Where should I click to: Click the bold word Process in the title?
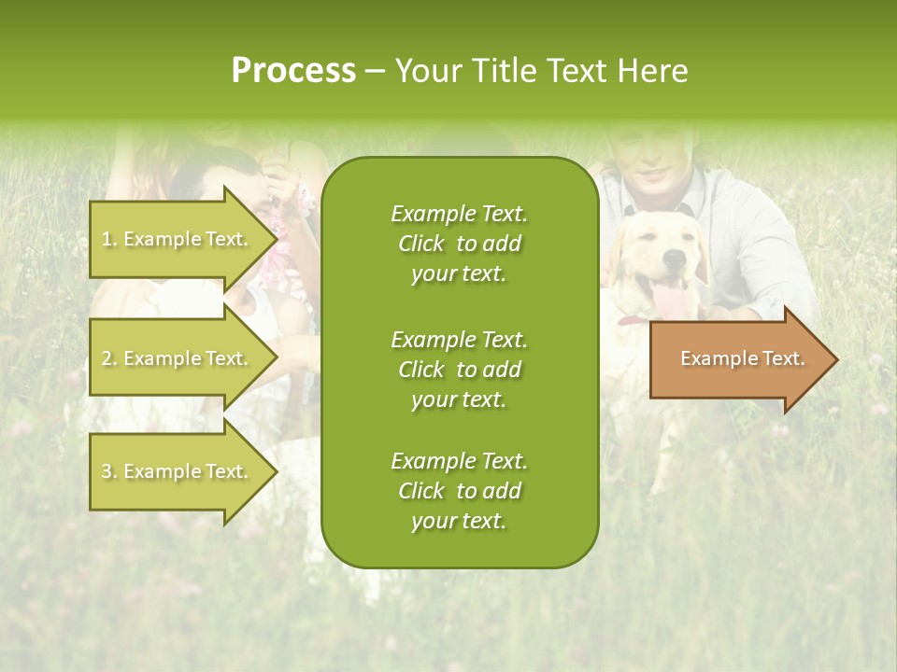pyautogui.click(x=293, y=71)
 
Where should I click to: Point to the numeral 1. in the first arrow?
pyautogui.click(x=108, y=239)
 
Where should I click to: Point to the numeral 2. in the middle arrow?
pyautogui.click(x=108, y=358)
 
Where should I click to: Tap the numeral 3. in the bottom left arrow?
pyautogui.click(x=108, y=471)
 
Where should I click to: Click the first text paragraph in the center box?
pyautogui.click(x=459, y=244)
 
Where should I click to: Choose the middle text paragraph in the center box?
pyautogui.click(x=459, y=369)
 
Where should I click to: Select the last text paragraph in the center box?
pyautogui.click(x=459, y=491)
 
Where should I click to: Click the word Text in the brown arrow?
pyautogui.click(x=783, y=358)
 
